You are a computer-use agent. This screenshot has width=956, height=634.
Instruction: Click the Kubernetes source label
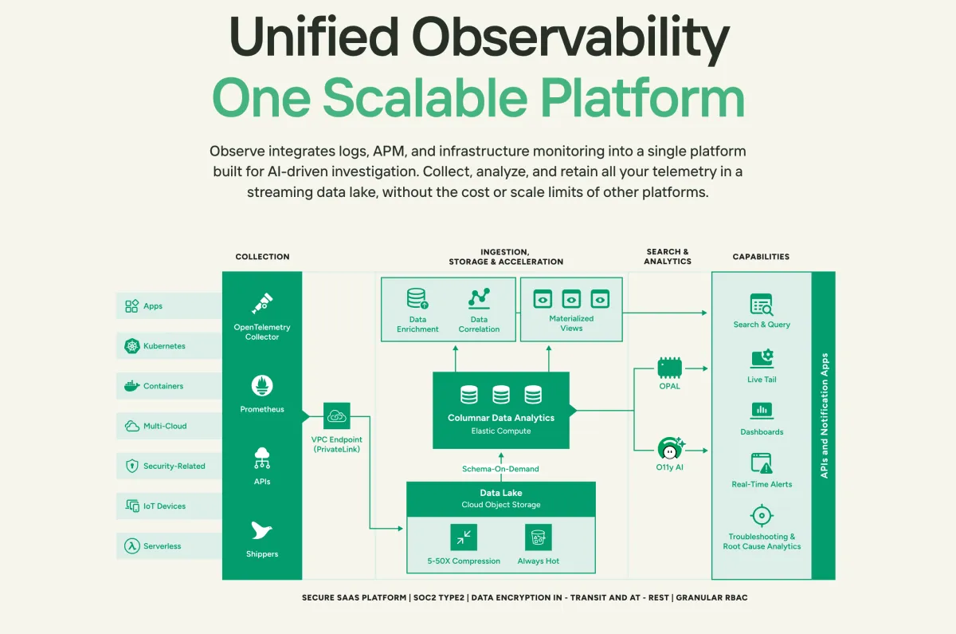164,346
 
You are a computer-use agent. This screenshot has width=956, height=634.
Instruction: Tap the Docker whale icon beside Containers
131,386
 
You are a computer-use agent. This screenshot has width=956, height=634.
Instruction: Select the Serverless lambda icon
131,546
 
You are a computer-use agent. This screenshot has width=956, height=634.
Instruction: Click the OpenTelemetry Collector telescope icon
262,303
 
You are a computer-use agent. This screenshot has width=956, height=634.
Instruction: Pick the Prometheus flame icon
262,386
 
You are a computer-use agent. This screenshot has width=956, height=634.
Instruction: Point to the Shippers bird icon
262,530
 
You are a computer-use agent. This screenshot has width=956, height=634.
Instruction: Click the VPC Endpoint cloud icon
336,416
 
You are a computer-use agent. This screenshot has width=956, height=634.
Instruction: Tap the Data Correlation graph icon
479,299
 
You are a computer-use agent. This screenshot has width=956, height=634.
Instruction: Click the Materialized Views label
571,323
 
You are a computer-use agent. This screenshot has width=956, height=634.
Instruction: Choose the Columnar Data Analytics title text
500,418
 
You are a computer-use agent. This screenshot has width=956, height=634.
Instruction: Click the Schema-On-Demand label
500,469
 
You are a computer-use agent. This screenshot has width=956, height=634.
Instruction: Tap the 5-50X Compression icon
463,538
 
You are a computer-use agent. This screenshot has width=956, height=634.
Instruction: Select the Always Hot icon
539,538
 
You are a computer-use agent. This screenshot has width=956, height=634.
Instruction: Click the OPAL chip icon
669,368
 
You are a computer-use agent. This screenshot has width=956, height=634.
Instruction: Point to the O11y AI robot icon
669,448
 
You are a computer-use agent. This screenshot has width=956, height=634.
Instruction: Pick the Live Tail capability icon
762,358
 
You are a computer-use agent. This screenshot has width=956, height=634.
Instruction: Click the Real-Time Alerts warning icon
762,463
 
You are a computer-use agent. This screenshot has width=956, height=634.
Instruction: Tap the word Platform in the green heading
641,99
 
